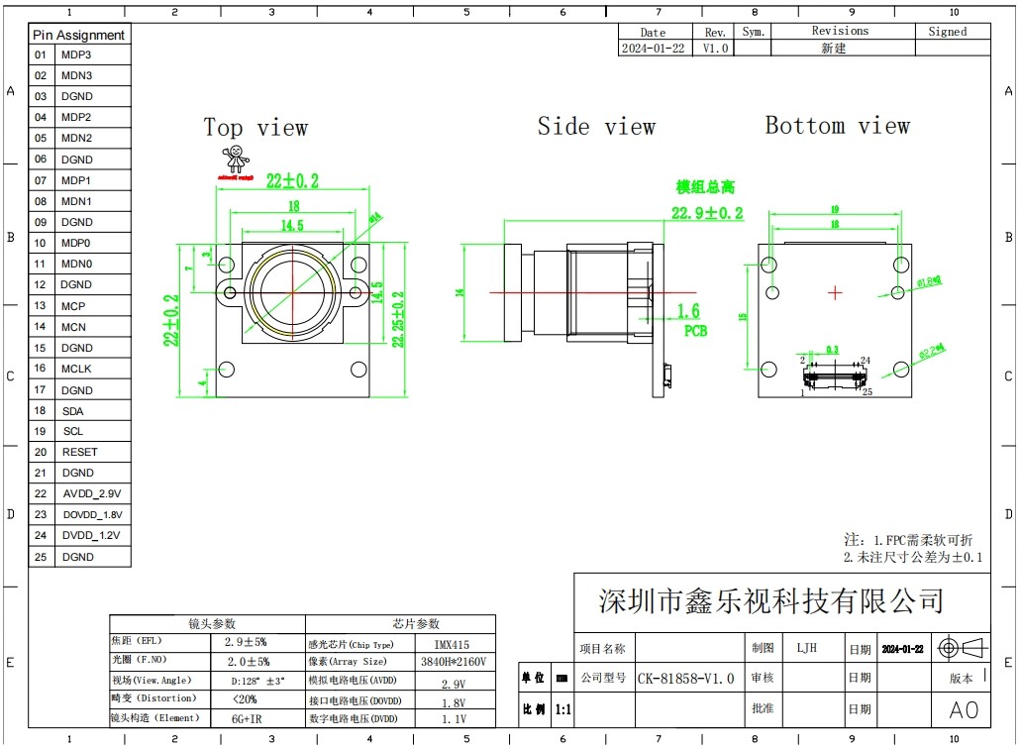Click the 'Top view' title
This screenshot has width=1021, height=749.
coord(255,128)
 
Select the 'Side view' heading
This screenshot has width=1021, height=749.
coord(596,127)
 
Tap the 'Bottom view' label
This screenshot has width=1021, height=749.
coord(837,126)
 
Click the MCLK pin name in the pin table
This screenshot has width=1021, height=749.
coord(77,369)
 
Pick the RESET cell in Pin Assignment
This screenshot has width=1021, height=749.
coord(79,452)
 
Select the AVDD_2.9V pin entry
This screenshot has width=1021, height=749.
coord(91,493)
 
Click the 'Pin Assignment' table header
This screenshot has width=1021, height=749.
coord(79,35)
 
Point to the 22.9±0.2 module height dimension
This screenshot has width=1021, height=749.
coord(707,213)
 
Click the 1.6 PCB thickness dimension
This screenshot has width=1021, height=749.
coord(688,312)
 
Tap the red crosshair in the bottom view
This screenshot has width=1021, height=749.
coord(835,292)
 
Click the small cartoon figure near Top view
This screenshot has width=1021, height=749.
coord(236,160)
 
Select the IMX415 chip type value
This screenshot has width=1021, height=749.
coord(453,644)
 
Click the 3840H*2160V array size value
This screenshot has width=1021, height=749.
coord(454,662)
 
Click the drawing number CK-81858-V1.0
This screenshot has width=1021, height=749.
coord(685,679)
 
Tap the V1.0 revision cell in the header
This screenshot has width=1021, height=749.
coord(715,48)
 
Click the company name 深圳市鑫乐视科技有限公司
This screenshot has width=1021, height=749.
coord(770,599)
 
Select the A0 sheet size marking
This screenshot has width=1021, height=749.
coord(964,710)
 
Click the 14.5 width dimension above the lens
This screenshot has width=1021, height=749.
coord(291,226)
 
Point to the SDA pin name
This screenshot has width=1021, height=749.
coord(72,410)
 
